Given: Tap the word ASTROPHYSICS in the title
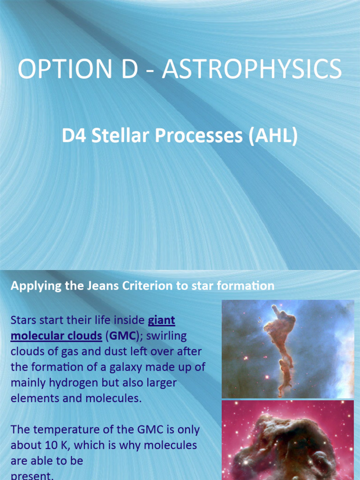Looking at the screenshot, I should click(x=252, y=69).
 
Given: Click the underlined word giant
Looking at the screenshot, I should click(x=161, y=321).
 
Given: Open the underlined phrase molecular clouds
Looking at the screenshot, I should click(x=56, y=336).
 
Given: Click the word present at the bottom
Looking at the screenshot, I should click(x=31, y=475).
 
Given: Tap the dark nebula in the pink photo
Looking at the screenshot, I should click(x=286, y=445).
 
